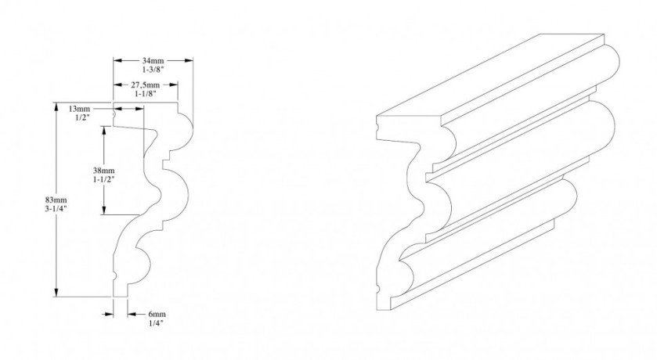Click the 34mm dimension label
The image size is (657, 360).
point(153,61)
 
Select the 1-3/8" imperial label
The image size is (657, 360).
point(153,70)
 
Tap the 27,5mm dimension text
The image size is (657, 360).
point(146,85)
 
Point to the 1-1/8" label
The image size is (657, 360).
point(146,94)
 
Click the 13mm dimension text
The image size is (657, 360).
point(79,109)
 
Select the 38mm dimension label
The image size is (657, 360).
point(103,171)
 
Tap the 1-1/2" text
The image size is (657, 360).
point(103,179)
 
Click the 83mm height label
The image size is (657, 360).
point(56,200)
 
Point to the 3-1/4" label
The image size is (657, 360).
point(56,209)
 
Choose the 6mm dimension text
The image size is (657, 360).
point(157,315)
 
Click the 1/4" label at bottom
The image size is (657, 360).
point(157,322)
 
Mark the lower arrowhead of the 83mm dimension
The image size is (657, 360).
point(56,292)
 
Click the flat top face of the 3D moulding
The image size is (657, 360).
point(489,77)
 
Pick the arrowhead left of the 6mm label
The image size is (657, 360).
point(109,314)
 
